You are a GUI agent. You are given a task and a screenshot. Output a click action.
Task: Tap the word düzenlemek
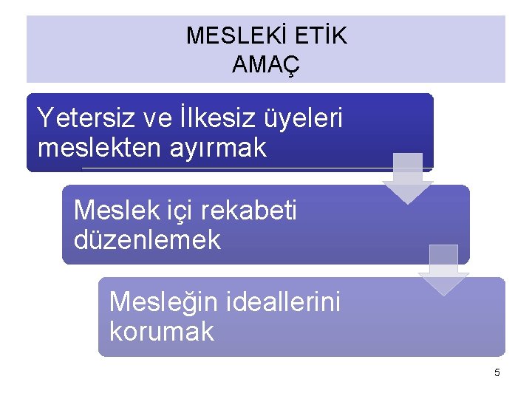pyautogui.click(x=147, y=239)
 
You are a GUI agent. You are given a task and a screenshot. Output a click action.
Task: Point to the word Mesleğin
pyautogui.click(x=160, y=303)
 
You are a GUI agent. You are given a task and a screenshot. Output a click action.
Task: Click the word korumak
pyautogui.click(x=161, y=332)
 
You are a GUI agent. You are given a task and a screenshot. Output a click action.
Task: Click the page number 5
pyautogui.click(x=497, y=372)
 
